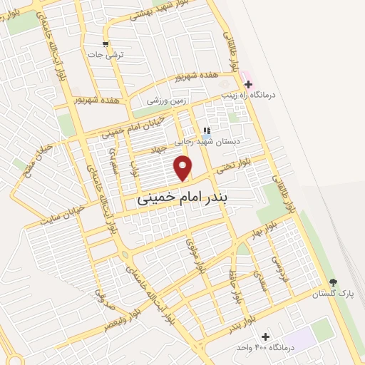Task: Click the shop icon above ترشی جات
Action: pyautogui.click(x=106, y=44)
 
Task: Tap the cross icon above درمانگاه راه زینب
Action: pyautogui.click(x=248, y=84)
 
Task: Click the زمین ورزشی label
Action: pyautogui.click(x=165, y=101)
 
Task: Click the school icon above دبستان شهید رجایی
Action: pyautogui.click(x=207, y=130)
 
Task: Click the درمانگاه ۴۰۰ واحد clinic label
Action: pyautogui.click(x=265, y=347)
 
